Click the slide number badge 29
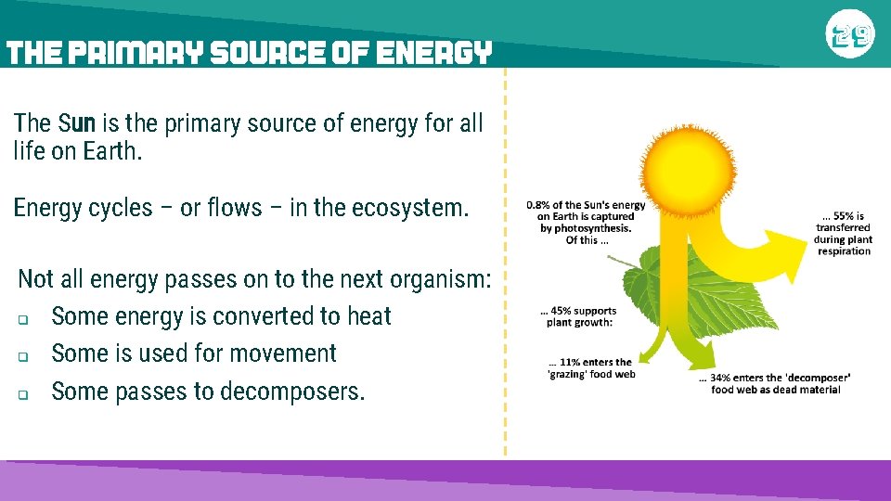click(849, 36)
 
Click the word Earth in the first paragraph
click(110, 151)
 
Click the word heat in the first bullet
click(368, 316)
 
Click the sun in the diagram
click(687, 167)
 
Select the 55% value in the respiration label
click(841, 216)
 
